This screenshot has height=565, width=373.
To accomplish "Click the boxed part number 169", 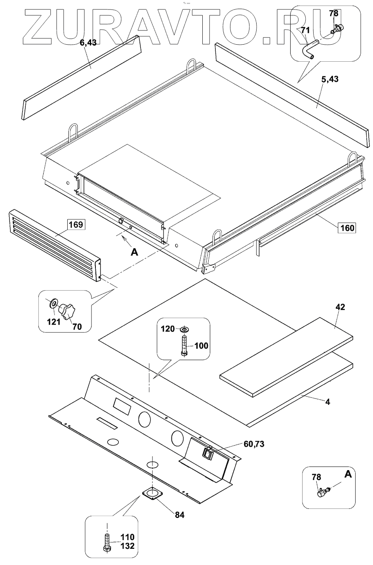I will point(75,225).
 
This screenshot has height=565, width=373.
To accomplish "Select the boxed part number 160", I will point(346,228).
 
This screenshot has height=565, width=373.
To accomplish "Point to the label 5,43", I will point(330,79).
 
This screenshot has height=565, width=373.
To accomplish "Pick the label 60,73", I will point(254,444).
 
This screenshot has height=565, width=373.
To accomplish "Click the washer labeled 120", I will point(185,329).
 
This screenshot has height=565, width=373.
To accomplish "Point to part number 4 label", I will point(328,402).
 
